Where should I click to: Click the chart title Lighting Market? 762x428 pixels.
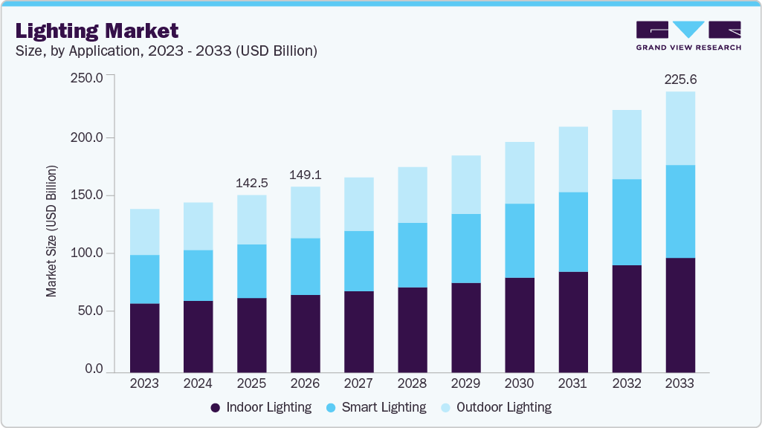coord(97,30)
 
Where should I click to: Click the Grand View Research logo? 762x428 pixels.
coord(688,35)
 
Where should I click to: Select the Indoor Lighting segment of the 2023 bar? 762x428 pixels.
coord(144,338)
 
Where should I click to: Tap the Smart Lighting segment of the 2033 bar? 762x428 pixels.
coord(679,212)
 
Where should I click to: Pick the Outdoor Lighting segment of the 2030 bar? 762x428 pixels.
coord(519,172)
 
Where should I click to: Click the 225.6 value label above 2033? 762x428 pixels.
coord(680,80)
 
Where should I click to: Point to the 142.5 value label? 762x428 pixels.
coord(251,183)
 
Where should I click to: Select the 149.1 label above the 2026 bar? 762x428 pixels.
coord(305,175)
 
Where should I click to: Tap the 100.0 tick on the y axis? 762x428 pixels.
coord(88,253)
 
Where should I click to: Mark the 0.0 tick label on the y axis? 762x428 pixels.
coord(93,369)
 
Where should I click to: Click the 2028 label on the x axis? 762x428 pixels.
coord(412,384)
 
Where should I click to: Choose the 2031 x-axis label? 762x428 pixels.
coord(572,384)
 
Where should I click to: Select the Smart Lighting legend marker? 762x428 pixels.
coord(332,407)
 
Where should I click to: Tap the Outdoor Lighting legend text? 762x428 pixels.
coord(503,407)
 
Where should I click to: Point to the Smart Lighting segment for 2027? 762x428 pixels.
coord(358,261)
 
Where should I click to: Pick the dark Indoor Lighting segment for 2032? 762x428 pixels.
coord(626,319)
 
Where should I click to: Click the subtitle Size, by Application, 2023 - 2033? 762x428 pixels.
coord(167,51)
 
